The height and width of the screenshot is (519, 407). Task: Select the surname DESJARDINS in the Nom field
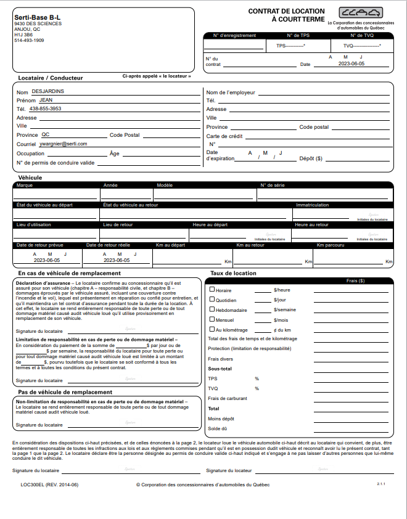(x=47, y=91)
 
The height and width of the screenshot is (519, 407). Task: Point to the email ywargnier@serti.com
(x=63, y=143)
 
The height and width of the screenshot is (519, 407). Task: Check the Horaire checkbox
(x=212, y=289)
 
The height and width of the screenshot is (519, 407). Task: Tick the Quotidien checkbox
(x=212, y=300)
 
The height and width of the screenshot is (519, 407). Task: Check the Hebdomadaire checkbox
(x=212, y=309)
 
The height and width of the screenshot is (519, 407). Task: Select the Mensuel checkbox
(x=212, y=319)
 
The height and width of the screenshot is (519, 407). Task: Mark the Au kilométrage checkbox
(x=212, y=330)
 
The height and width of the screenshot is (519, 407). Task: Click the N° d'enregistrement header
(x=234, y=36)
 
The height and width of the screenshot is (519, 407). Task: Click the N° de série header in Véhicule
(x=272, y=185)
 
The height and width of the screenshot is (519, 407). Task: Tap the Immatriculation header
(x=313, y=205)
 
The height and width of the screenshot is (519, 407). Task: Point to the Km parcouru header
(x=329, y=245)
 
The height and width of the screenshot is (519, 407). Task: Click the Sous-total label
(x=220, y=369)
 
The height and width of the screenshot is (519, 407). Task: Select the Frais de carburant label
(x=228, y=398)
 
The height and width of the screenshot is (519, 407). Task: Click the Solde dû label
(x=217, y=428)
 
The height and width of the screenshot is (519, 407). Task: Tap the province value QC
(x=46, y=134)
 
